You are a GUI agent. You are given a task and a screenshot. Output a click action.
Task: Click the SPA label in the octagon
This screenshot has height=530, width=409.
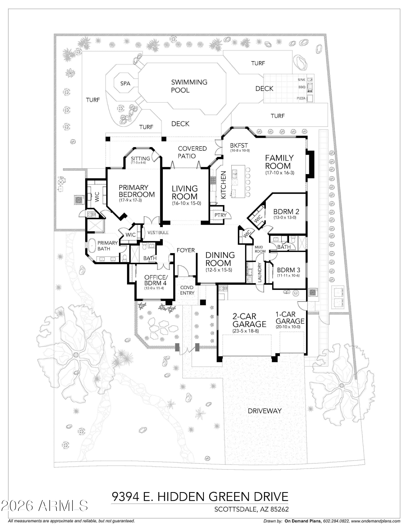[125, 83]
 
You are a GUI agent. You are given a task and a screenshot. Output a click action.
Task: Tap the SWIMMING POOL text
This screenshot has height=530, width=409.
[189, 86]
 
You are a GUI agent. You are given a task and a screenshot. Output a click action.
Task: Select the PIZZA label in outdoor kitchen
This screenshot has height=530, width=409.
[301, 98]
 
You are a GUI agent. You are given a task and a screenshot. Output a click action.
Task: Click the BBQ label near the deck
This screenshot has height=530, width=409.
[302, 87]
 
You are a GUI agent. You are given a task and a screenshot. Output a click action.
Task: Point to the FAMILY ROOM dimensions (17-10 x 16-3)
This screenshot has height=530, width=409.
[280, 173]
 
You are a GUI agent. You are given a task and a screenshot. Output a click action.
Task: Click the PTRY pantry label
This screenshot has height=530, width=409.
[220, 215]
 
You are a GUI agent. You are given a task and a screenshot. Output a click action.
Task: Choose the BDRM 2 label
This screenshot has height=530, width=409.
[286, 212]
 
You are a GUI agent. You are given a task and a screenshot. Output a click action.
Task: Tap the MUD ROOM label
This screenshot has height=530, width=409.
[260, 249]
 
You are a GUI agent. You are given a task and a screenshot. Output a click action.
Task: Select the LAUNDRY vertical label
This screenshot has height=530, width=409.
[259, 272]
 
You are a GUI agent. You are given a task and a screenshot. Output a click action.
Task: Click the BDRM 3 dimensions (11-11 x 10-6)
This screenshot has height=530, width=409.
[288, 275]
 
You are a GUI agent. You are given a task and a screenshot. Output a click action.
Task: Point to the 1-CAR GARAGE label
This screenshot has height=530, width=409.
[290, 318]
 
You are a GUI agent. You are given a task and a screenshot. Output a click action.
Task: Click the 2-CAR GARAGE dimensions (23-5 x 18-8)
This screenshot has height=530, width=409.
[245, 331]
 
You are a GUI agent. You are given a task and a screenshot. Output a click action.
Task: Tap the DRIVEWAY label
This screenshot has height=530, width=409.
[264, 411]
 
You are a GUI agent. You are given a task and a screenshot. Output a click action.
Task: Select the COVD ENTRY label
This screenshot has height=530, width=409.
[187, 290]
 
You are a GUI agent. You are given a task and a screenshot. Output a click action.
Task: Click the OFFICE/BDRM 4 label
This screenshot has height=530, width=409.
[156, 280]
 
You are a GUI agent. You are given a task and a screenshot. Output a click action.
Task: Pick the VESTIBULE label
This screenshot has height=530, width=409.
[158, 233]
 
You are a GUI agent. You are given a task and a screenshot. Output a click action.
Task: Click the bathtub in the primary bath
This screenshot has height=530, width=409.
[92, 246]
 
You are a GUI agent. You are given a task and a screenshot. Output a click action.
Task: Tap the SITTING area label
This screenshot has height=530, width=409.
[140, 158]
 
